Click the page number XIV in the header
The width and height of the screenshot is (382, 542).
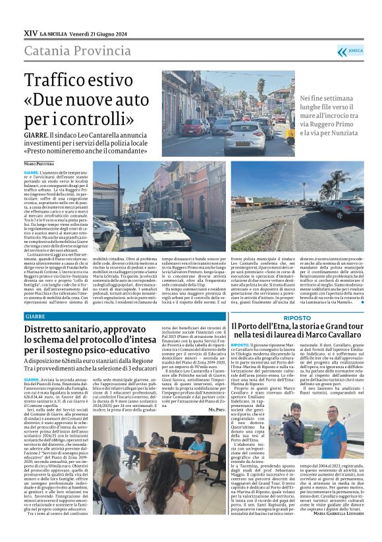tap(30, 32)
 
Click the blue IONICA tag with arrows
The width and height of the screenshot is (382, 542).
tap(350, 51)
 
